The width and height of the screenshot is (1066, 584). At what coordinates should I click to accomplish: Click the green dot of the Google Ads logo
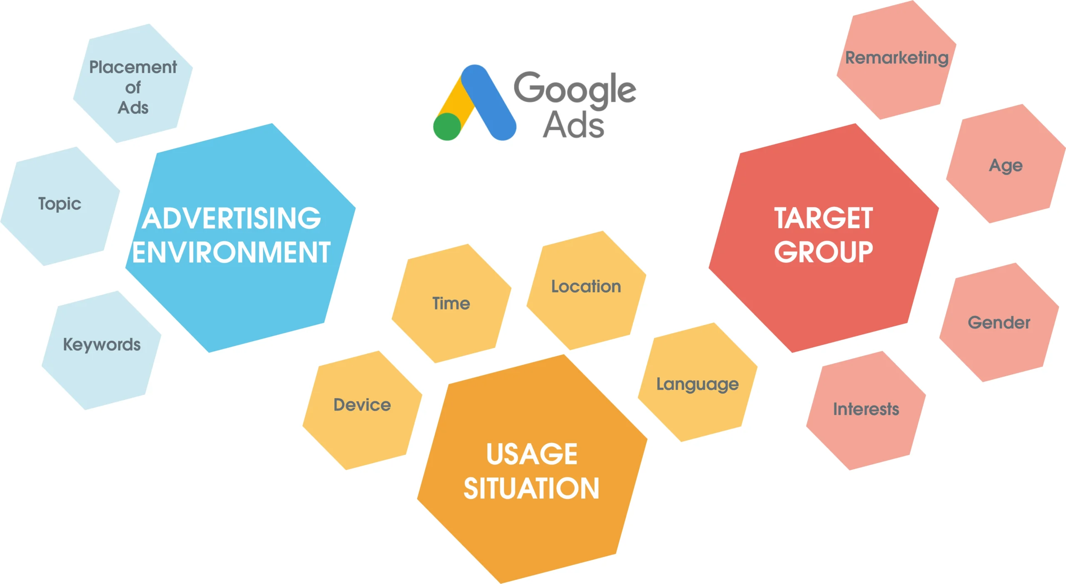[x=447, y=127]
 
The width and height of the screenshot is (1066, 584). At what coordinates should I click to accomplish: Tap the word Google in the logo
[x=575, y=90]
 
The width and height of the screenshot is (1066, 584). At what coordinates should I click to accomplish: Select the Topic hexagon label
[x=60, y=204]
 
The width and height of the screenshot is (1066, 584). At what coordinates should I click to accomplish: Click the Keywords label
[x=102, y=345]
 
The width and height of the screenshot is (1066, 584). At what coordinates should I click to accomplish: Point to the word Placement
[x=133, y=67]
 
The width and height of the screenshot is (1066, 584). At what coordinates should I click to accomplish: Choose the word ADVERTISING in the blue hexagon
[x=232, y=218]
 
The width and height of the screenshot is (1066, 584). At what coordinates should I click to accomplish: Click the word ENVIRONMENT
[x=232, y=252]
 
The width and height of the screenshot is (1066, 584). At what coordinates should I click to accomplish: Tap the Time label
[x=451, y=303]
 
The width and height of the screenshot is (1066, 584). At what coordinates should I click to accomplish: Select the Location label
[x=586, y=286]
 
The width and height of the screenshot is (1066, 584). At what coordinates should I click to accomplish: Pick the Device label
[x=362, y=404]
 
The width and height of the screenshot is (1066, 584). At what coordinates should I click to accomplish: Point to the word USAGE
[x=532, y=454]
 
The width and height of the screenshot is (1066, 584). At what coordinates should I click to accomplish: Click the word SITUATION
[x=531, y=488]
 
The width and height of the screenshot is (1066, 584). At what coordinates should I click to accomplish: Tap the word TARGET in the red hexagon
[x=824, y=218]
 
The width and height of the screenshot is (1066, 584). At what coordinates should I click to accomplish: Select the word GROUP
[x=824, y=252]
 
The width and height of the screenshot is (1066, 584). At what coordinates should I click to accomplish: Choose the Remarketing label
[x=897, y=58]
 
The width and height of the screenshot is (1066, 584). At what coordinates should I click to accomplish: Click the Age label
[x=1006, y=166]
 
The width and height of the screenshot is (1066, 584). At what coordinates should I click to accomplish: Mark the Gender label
[x=999, y=322]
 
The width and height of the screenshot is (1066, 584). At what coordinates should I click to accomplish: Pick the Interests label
[x=866, y=409]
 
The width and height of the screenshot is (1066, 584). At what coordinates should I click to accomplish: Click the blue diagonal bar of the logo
[x=489, y=102]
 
